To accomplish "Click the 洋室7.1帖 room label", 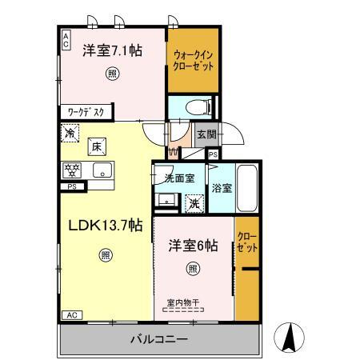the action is pos(112,50).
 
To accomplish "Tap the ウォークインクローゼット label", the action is pos(193,61).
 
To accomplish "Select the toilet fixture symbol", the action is pos(198,108).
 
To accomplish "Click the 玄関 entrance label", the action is pos(206,134).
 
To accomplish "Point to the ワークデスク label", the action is pos(86,112).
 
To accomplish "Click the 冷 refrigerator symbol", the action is pos(70,133).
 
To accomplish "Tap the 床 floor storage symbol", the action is pos(97,146).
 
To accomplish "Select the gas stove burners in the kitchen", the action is pos(72,170).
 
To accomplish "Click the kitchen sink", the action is pos(102,170).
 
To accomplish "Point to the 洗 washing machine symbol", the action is pos(194,204).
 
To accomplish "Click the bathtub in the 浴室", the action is pos(247,188).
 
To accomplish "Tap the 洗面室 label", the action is pos(179,178).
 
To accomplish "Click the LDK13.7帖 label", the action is pos(106,226).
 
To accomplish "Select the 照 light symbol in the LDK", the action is pos(106,255).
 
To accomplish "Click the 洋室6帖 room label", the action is pos(193,246).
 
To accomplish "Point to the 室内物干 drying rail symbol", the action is pos(183,310).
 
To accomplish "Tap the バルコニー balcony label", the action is pos(159,339).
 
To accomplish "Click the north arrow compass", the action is pos(290,338).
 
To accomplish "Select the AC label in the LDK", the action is pos(72,315).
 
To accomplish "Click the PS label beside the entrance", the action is pos(213,154).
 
